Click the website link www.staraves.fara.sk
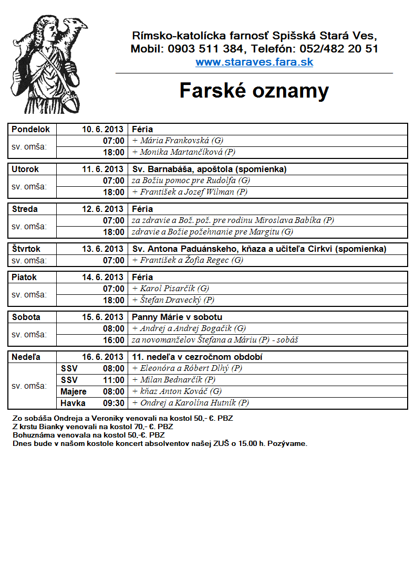click(254, 62)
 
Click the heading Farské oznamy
click(254, 91)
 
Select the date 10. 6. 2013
click(102, 129)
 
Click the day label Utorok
click(25, 169)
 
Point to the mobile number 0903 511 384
click(206, 49)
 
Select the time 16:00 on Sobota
click(113, 340)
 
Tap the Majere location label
click(74, 391)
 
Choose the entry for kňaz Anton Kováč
click(178, 391)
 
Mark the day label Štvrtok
click(26, 249)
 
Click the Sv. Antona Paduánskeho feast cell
click(259, 249)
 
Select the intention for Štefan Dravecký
click(173, 300)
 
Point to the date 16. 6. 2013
click(102, 357)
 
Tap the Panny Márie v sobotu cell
click(177, 317)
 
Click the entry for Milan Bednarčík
click(174, 380)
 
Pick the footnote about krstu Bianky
click(92, 427)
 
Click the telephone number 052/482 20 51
click(339, 49)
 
